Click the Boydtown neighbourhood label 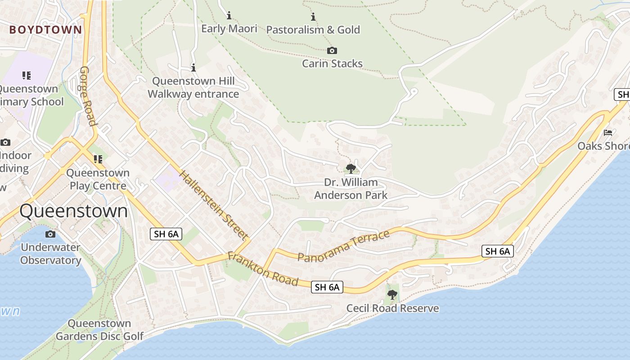click(46, 30)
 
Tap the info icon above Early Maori click(229, 16)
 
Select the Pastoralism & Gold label click(313, 30)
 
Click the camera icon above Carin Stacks click(332, 50)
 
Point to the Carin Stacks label click(332, 63)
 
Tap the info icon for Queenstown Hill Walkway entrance click(193, 67)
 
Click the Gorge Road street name click(88, 96)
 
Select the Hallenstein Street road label click(214, 205)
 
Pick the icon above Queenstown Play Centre click(98, 159)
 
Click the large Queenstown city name click(74, 211)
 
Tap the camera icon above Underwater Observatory click(50, 234)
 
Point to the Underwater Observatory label click(50, 254)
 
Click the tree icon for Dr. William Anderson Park click(351, 169)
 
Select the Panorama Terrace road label click(343, 247)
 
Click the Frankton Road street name click(263, 269)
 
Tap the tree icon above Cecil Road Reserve click(392, 295)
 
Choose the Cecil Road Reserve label click(392, 308)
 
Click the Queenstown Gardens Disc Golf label click(99, 330)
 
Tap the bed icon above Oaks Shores click(608, 133)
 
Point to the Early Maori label click(229, 29)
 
